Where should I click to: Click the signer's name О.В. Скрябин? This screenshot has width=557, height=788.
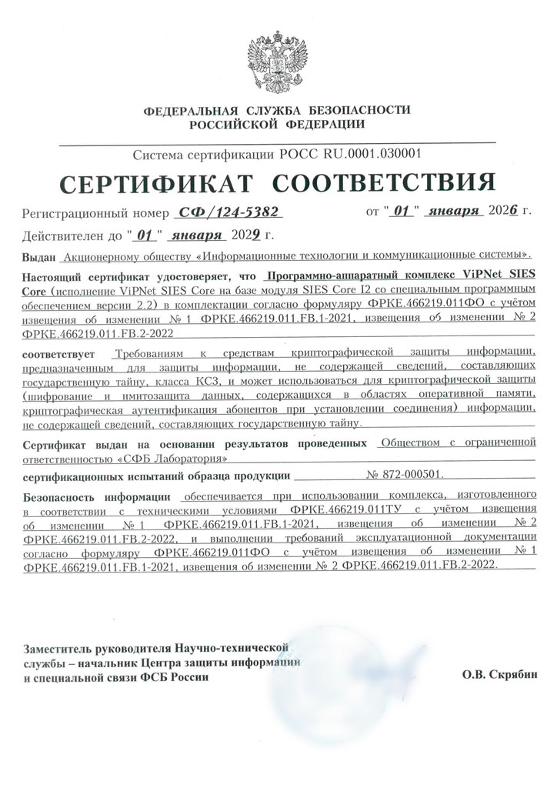coord(495,676)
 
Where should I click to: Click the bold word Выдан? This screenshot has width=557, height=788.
coord(40,254)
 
